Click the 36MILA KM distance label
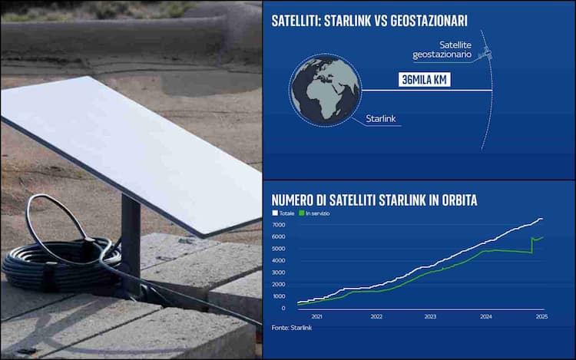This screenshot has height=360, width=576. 424,80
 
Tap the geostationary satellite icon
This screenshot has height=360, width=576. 485,52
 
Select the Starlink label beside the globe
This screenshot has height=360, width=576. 381,118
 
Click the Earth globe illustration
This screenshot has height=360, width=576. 325,91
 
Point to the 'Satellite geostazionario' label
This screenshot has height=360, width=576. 442,50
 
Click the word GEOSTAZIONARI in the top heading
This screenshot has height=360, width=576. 429,21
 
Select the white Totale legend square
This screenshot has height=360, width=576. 275,213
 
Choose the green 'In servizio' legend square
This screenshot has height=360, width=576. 302,213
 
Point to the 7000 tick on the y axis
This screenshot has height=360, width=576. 278,225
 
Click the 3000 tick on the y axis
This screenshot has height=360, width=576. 278,272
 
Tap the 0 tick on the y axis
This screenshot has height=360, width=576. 283,308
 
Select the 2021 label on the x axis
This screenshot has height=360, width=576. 316,316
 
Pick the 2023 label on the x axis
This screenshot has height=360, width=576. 430,316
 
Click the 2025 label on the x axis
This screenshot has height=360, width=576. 542,316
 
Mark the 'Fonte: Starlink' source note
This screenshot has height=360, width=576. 292,328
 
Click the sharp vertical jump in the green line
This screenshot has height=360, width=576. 531,245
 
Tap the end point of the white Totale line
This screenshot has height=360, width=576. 542,219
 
